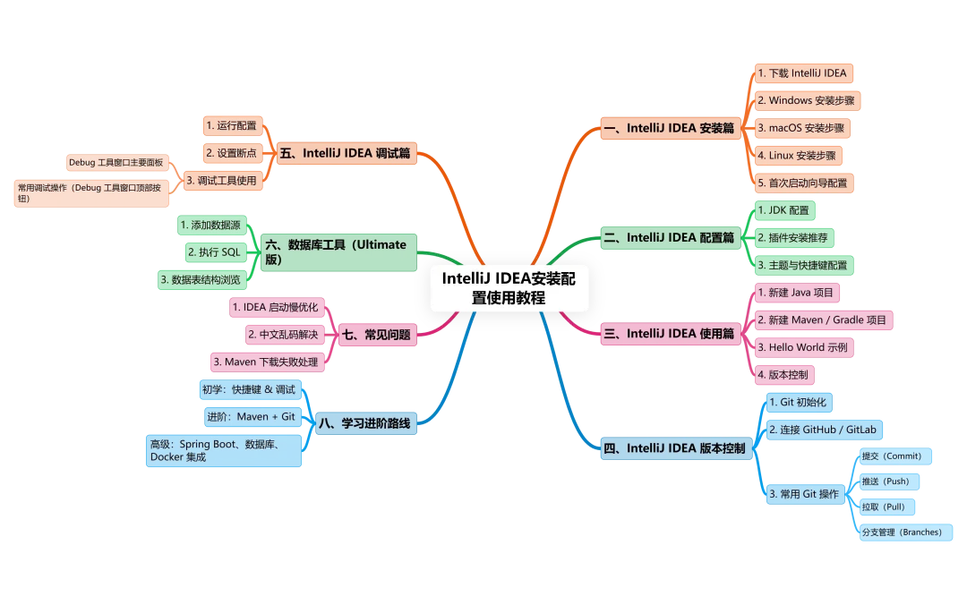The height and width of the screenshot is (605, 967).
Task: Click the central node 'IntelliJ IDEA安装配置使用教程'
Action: (x=509, y=288)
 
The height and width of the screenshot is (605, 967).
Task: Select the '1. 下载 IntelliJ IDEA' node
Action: (x=803, y=73)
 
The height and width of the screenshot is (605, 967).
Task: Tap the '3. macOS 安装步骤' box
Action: (x=802, y=128)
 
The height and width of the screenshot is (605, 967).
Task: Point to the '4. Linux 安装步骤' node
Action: (x=798, y=156)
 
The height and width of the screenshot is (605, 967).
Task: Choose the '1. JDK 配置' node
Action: (x=785, y=210)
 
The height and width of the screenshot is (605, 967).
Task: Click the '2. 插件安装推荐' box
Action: (x=794, y=238)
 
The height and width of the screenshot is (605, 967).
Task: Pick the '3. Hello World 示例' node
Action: (x=804, y=348)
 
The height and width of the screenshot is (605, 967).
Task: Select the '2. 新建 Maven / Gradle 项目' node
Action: (x=824, y=320)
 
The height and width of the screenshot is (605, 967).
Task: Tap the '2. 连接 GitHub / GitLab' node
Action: (x=825, y=430)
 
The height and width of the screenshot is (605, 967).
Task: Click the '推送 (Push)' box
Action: (x=889, y=481)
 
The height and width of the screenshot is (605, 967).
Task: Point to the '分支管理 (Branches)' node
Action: (x=906, y=533)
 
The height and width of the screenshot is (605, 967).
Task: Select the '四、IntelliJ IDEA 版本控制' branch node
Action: (x=677, y=448)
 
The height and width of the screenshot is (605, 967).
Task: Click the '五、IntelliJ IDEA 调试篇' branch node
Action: (x=347, y=153)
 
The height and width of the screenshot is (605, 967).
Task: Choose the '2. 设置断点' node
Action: (x=233, y=153)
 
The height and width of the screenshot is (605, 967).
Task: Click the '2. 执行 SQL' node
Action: (x=216, y=252)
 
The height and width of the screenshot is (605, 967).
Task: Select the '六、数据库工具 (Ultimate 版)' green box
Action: (x=338, y=252)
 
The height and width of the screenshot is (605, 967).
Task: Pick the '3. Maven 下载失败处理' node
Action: (x=268, y=362)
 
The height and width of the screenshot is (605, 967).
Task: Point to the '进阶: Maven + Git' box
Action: (x=252, y=417)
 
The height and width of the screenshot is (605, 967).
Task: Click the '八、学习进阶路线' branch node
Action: (x=365, y=423)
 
